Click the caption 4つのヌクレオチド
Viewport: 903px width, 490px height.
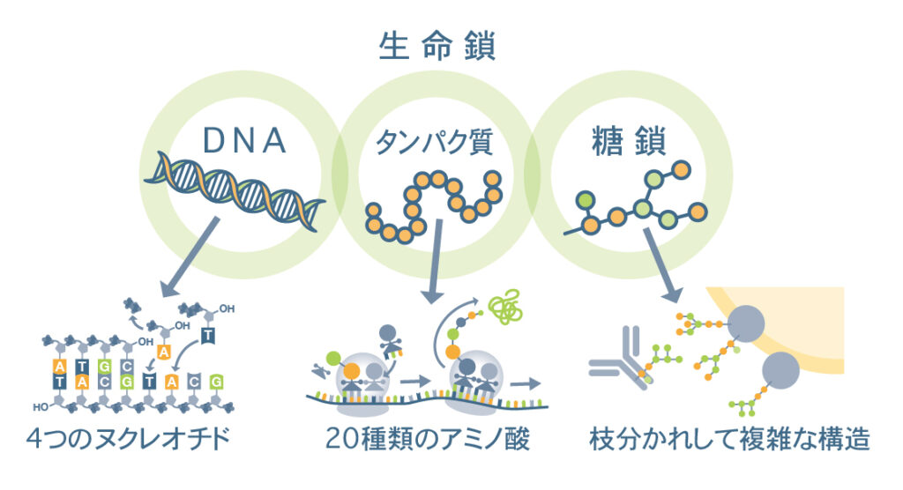point(140,438)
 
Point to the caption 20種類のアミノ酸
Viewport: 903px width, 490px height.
point(428,438)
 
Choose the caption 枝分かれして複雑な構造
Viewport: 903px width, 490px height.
point(729,438)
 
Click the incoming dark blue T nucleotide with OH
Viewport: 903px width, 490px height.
point(206,333)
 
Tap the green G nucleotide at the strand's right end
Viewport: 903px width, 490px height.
point(217,382)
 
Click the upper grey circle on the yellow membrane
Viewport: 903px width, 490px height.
point(750,327)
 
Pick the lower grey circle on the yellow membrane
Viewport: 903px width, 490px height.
point(781,371)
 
